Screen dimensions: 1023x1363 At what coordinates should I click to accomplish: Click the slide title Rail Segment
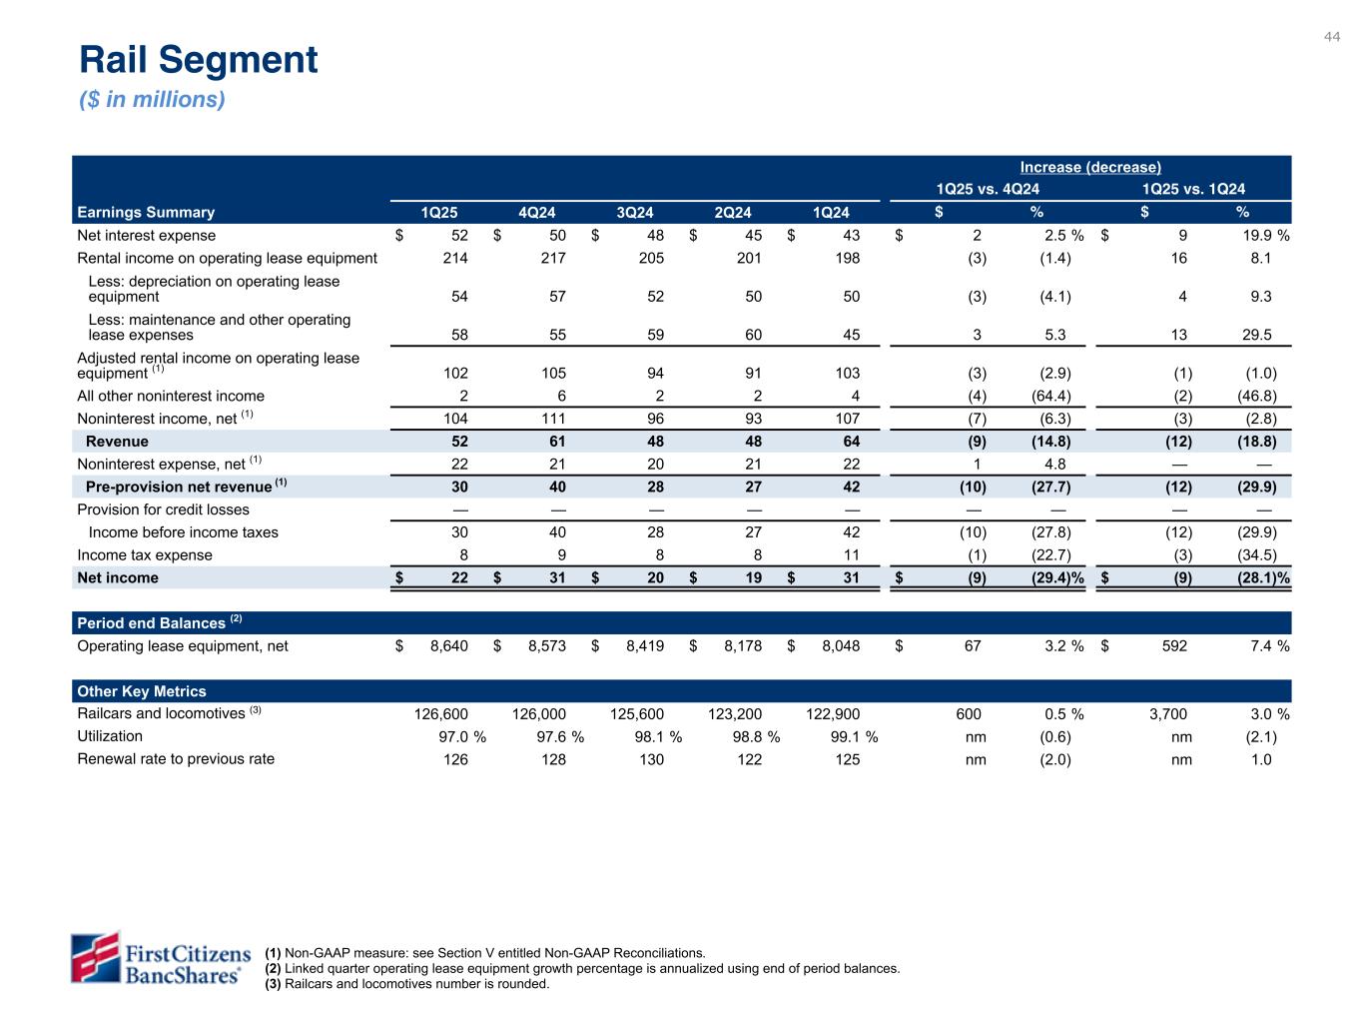point(199,60)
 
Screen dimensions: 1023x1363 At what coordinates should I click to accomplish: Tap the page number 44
point(1332,37)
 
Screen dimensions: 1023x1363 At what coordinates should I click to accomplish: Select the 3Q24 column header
point(634,212)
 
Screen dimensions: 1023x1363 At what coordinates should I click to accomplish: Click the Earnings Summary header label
point(146,212)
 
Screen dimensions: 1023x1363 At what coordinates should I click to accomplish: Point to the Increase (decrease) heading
point(1090,167)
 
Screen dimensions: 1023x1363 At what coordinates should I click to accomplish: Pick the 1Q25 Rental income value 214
point(454,258)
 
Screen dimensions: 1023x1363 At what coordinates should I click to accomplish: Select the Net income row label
point(118,577)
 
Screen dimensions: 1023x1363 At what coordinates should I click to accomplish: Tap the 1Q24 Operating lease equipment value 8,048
point(833,645)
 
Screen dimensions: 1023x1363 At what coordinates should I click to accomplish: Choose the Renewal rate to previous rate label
point(176,758)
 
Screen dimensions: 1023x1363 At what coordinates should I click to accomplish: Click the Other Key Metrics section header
point(142,691)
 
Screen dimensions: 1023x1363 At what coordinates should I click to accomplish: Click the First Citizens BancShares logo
point(157,958)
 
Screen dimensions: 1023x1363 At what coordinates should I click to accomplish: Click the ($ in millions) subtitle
point(152,100)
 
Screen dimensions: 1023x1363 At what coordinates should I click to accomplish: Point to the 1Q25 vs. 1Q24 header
point(1193,189)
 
